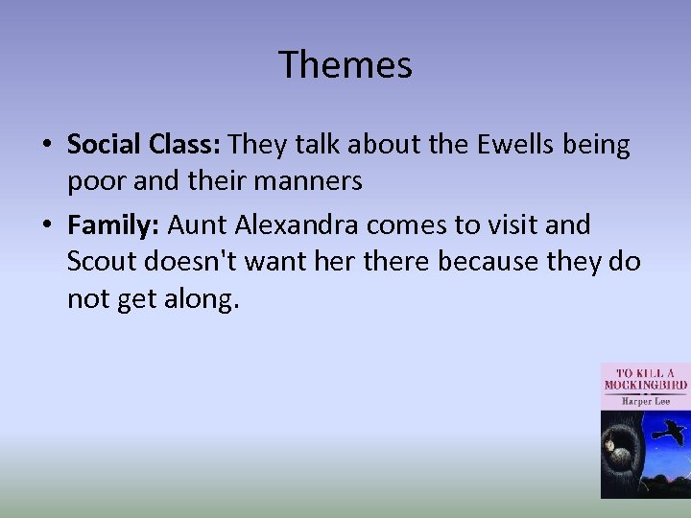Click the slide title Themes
[x=345, y=65]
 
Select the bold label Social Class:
[x=144, y=145]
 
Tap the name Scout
[x=101, y=262]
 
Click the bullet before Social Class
[x=46, y=146]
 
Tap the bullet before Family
[x=46, y=226]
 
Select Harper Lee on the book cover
[x=644, y=401]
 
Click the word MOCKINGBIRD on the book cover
[x=645, y=385]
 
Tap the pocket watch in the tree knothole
[x=612, y=443]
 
